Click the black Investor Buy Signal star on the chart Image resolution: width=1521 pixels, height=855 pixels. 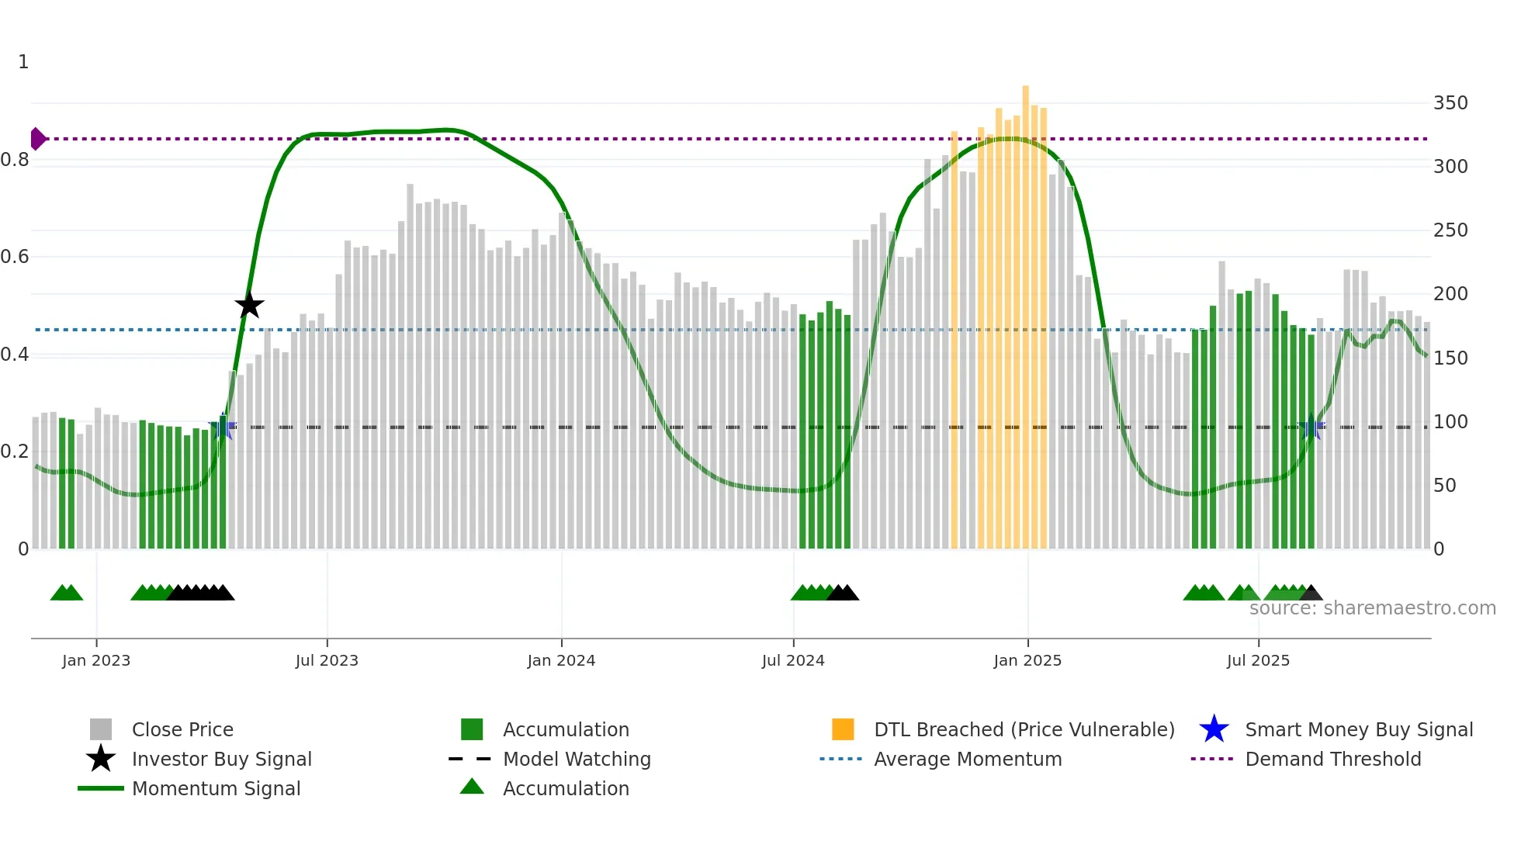[249, 306]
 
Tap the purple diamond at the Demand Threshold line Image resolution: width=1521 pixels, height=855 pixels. [37, 139]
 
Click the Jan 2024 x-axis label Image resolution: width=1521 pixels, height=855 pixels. [561, 661]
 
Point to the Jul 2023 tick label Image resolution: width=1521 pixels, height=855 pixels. [327, 661]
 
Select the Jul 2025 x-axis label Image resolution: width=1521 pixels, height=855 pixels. [1258, 661]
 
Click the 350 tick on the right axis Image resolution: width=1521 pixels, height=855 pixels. [1450, 103]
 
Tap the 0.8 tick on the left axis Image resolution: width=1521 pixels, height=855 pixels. [15, 161]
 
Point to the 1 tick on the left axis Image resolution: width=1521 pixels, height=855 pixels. [23, 62]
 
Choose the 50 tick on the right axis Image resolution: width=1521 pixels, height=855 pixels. [1444, 486]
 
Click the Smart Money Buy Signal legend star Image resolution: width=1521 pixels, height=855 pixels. [1214, 729]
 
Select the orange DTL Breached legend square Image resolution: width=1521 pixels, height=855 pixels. [843, 729]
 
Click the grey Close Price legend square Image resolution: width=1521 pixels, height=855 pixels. [101, 729]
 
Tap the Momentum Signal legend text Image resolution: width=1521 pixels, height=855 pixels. [216, 789]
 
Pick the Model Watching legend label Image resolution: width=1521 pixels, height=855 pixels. [577, 760]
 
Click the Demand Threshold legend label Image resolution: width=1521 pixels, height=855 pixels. [1332, 760]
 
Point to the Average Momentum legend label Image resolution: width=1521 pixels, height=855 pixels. [968, 760]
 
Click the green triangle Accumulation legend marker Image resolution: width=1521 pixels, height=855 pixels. [472, 787]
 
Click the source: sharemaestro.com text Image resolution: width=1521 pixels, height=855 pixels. [1372, 608]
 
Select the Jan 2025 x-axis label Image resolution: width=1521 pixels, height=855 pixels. [1027, 661]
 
